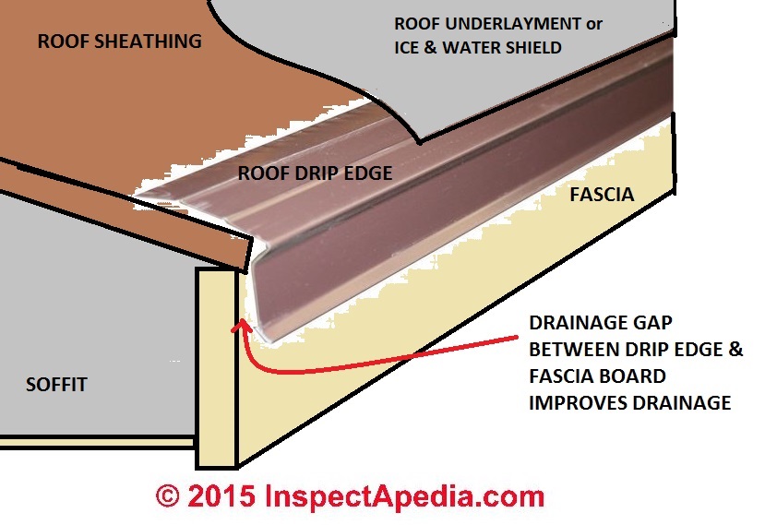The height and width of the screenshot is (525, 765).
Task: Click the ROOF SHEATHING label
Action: [x=119, y=41]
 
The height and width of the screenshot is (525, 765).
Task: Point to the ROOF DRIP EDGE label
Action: [x=315, y=173]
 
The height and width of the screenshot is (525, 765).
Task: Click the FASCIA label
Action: [x=601, y=195]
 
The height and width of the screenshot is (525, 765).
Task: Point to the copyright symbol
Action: [x=166, y=495]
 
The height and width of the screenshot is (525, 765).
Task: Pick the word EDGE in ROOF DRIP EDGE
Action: [x=371, y=173]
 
